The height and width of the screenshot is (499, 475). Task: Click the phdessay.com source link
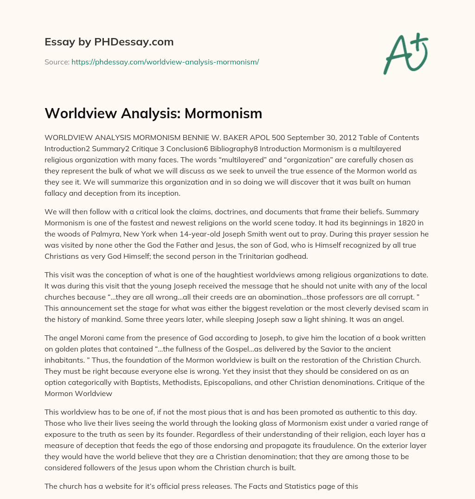pos(165,61)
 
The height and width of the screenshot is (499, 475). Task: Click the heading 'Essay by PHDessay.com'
pos(109,42)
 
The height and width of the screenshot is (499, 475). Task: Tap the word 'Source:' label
pos(57,61)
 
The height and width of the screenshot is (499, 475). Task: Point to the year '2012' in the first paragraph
pos(322,138)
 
